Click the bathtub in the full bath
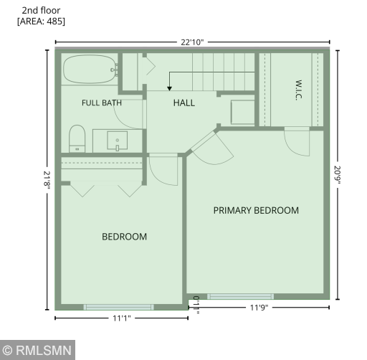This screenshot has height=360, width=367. click(90, 69)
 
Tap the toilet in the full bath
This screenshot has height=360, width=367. click(77, 138)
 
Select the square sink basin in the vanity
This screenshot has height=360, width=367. click(117, 141)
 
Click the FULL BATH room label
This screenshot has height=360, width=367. click(102, 103)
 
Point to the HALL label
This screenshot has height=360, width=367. click(184, 103)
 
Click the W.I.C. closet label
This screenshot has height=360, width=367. click(299, 90)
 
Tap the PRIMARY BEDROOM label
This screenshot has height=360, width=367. click(256, 210)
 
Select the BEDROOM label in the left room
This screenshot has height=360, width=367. click(124, 237)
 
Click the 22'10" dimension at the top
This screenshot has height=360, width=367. click(192, 42)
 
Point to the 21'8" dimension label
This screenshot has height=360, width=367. click(47, 180)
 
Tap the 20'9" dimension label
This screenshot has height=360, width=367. click(337, 175)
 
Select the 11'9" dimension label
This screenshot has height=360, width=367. click(259, 308)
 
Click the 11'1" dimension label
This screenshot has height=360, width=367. click(122, 318)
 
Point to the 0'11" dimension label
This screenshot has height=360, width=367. click(196, 305)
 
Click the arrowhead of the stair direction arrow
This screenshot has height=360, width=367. click(169, 89)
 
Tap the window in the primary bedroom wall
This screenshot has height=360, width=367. click(240, 297)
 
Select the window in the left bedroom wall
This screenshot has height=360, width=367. click(119, 307)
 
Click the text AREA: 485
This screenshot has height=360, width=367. click(41, 22)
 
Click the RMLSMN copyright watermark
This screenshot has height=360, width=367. click(37, 350)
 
